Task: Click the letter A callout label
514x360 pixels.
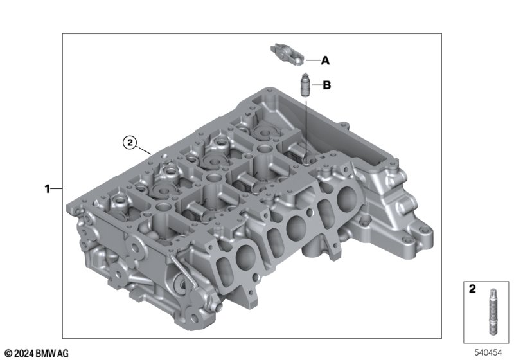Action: pos(325,60)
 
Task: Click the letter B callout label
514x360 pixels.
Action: pos(327,85)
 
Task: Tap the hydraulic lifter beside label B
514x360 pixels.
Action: pos(305,84)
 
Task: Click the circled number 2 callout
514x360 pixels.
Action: pos(130,142)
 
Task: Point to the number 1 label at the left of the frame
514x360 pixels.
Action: pos(48,189)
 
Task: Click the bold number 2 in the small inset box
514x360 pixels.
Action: pos(472,289)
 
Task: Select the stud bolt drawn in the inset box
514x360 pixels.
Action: pos(493,312)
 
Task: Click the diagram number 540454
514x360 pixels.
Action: pos(488,352)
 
